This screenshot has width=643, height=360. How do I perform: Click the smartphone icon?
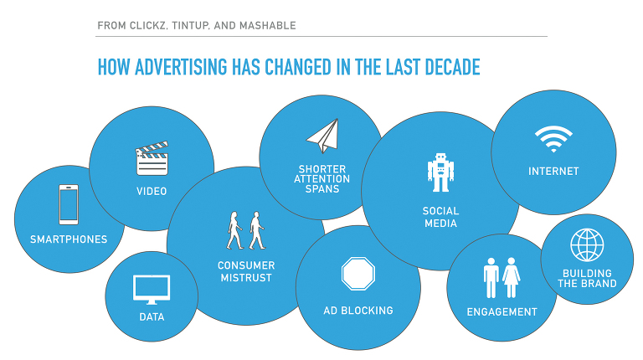pyautogui.click(x=69, y=204)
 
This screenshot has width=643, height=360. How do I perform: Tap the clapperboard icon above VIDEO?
pyautogui.click(x=152, y=158)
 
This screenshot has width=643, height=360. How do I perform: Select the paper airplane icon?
pyautogui.click(x=322, y=136)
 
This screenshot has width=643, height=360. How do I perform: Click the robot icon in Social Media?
pyautogui.click(x=440, y=172)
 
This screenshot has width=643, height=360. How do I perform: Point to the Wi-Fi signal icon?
pyautogui.click(x=553, y=139)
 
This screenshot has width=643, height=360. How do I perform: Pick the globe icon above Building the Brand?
pyautogui.click(x=587, y=244)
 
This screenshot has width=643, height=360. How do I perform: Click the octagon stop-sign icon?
pyautogui.click(x=358, y=274)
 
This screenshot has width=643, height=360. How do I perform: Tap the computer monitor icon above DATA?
pyautogui.click(x=152, y=290)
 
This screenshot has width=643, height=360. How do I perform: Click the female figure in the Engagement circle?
pyautogui.click(x=511, y=278)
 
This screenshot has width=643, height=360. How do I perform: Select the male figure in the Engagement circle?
pyautogui.click(x=491, y=278)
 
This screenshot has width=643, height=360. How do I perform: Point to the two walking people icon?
pyautogui.click(x=245, y=230)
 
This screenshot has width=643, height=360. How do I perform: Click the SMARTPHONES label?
pyautogui.click(x=69, y=239)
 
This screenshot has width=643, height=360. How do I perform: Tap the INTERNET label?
pyautogui.click(x=553, y=172)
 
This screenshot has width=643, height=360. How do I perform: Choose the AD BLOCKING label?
pyautogui.click(x=358, y=311)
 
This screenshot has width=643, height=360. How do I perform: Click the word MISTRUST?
pyautogui.click(x=246, y=278)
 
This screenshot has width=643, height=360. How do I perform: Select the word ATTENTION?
pyautogui.click(x=321, y=179)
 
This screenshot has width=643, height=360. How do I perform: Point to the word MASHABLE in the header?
pyautogui.click(x=267, y=25)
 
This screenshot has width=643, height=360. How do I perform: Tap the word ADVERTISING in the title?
pyautogui.click(x=181, y=67)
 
